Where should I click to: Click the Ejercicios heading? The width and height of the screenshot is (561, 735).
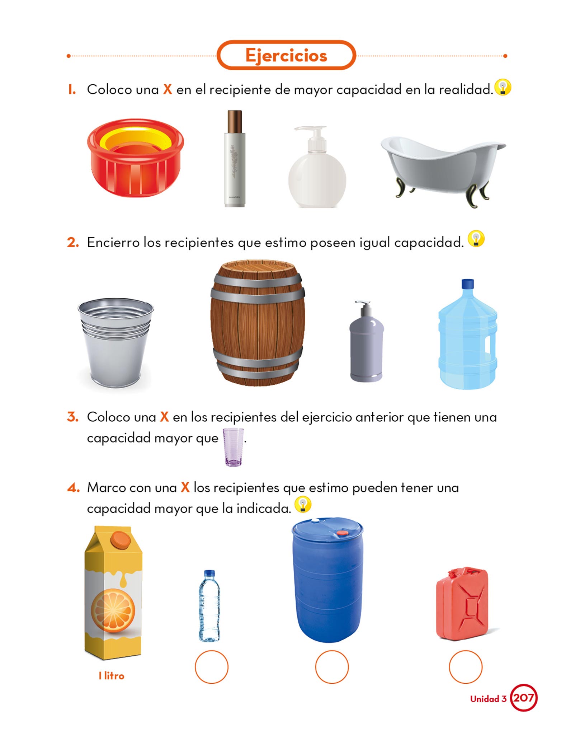click(286, 56)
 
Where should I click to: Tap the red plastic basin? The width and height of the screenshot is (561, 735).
click(136, 158)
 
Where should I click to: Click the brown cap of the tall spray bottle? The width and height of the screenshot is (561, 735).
click(235, 122)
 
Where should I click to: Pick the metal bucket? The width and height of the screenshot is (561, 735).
click(115, 343)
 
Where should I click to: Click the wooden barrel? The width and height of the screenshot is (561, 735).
click(258, 323)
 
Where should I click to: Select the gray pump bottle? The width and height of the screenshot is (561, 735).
click(366, 341)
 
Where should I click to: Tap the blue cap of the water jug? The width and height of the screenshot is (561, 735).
click(467, 284)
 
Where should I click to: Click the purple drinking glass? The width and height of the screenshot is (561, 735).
click(233, 447)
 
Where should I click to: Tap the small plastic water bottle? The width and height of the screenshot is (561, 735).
click(209, 606)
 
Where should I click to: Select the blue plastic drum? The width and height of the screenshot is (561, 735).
click(327, 580)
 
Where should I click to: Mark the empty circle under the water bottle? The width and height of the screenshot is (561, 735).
click(212, 667)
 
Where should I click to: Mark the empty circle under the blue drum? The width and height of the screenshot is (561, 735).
click(332, 667)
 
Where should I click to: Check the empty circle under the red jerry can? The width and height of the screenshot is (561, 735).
click(466, 667)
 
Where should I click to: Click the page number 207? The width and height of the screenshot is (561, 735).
click(524, 698)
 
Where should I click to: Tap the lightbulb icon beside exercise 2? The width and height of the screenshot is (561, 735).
click(476, 239)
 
